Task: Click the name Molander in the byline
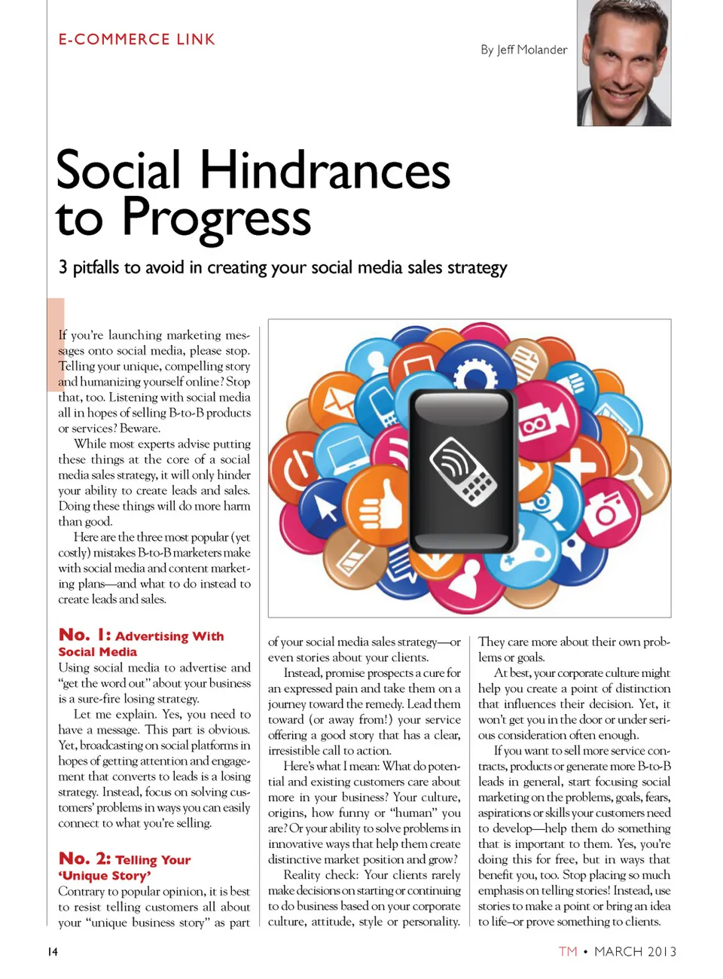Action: point(542,50)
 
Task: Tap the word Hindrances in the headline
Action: point(325,170)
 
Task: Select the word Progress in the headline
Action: point(216,218)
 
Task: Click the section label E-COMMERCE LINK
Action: point(136,39)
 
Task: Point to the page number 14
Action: point(53,952)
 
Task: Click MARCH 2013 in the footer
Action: point(635,952)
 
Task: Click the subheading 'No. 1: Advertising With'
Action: point(141,636)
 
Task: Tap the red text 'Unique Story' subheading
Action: point(105,876)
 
